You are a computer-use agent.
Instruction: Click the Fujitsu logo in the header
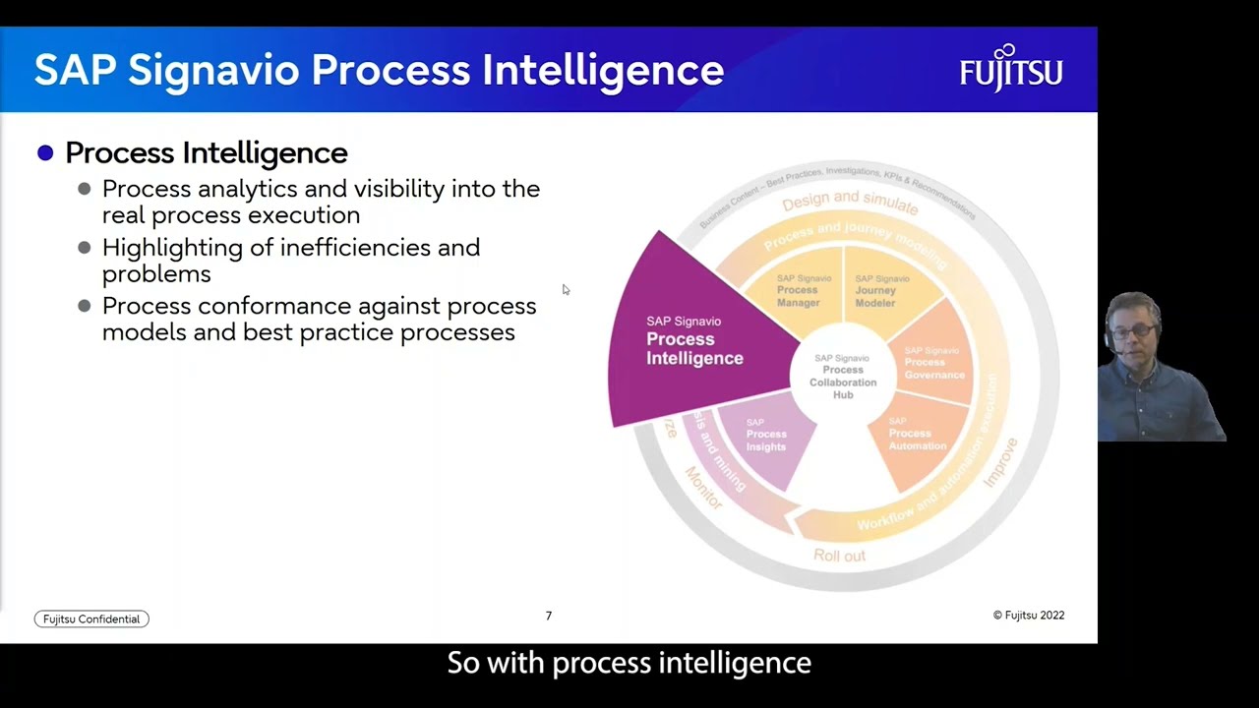click(x=1011, y=69)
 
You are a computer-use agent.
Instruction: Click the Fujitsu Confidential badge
click(x=91, y=619)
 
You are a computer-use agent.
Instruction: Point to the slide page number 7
click(x=549, y=616)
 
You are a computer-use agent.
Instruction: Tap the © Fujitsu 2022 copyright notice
click(x=1028, y=616)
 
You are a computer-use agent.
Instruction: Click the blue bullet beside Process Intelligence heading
click(x=45, y=152)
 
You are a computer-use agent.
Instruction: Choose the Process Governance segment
click(x=932, y=363)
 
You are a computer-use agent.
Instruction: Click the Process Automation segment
click(x=917, y=435)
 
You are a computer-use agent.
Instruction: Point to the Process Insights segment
click(x=766, y=436)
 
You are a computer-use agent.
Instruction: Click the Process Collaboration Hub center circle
click(x=842, y=377)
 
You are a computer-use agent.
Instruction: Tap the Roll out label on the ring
click(x=839, y=556)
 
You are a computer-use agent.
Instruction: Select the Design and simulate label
click(x=850, y=201)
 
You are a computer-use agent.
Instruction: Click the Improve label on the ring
click(x=1002, y=461)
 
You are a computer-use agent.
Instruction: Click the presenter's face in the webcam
click(x=1135, y=330)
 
